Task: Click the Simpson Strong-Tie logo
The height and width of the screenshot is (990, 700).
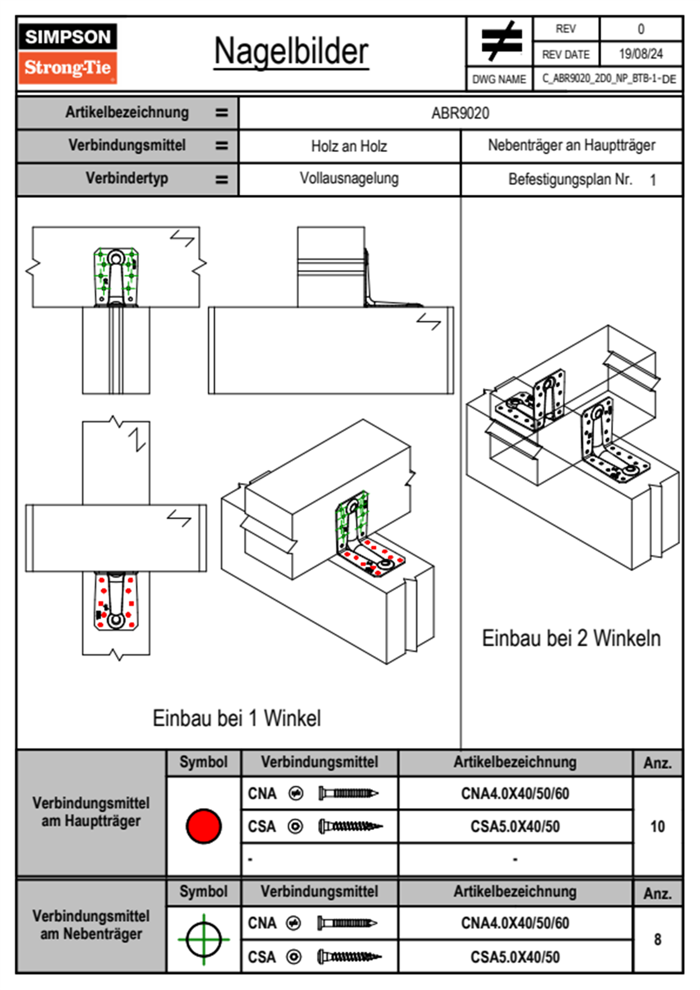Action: click(x=68, y=54)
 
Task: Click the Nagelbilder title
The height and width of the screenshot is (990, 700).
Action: click(x=291, y=52)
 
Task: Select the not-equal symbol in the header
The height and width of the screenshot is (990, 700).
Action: click(x=501, y=41)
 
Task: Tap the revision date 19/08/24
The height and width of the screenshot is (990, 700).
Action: click(x=641, y=54)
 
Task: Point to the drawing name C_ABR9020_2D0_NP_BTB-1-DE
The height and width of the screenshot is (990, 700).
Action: click(x=608, y=79)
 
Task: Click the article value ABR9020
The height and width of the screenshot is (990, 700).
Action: click(x=460, y=113)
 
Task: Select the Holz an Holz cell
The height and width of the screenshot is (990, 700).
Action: click(x=349, y=146)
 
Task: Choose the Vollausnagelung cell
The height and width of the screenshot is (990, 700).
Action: click(x=349, y=178)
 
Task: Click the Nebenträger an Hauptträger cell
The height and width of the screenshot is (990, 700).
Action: click(x=571, y=145)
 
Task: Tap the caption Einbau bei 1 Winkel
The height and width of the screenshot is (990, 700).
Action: click(x=236, y=718)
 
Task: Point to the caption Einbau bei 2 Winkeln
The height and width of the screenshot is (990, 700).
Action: click(x=571, y=638)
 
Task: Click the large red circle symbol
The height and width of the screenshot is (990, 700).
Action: click(x=204, y=826)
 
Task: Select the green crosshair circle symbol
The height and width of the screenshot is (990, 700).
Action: click(x=204, y=939)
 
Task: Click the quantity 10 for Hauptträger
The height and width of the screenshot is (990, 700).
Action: click(x=657, y=826)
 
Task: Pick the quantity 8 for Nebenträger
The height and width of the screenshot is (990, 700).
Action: click(x=657, y=939)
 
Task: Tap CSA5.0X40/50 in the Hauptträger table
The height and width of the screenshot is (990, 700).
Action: click(x=515, y=826)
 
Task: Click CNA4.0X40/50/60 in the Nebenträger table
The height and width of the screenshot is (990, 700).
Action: click(x=515, y=923)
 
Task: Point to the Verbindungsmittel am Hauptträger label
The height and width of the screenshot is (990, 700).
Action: click(x=91, y=812)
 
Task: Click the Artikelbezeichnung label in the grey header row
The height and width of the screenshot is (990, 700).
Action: click(x=127, y=112)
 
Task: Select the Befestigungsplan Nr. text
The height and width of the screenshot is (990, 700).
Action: click(x=570, y=180)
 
